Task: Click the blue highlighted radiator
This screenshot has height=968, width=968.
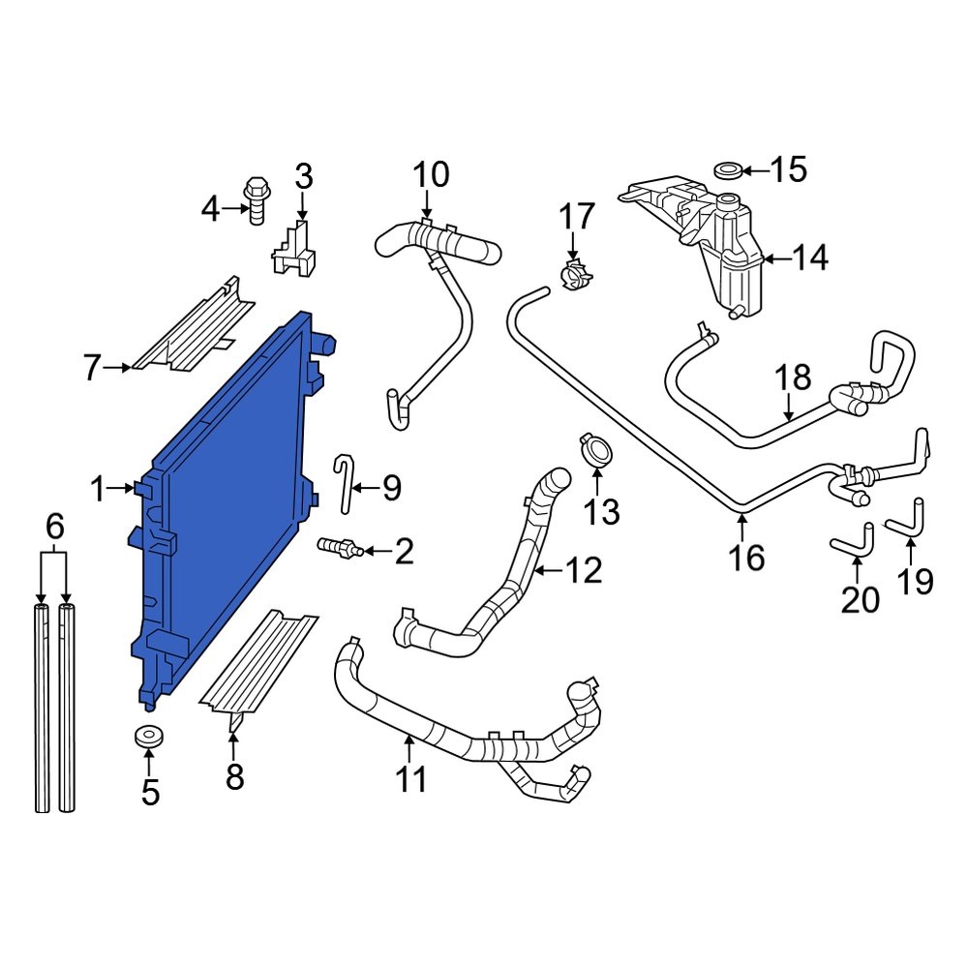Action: [x=227, y=503]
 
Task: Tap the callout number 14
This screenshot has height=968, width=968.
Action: [x=810, y=257]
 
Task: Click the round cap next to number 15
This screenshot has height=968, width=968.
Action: [x=729, y=171]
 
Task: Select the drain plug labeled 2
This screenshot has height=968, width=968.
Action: [x=339, y=549]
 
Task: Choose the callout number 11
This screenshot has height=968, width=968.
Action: [x=411, y=779]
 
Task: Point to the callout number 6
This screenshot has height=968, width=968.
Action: [x=54, y=528]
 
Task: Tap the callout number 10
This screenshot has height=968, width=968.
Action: [x=431, y=175]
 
